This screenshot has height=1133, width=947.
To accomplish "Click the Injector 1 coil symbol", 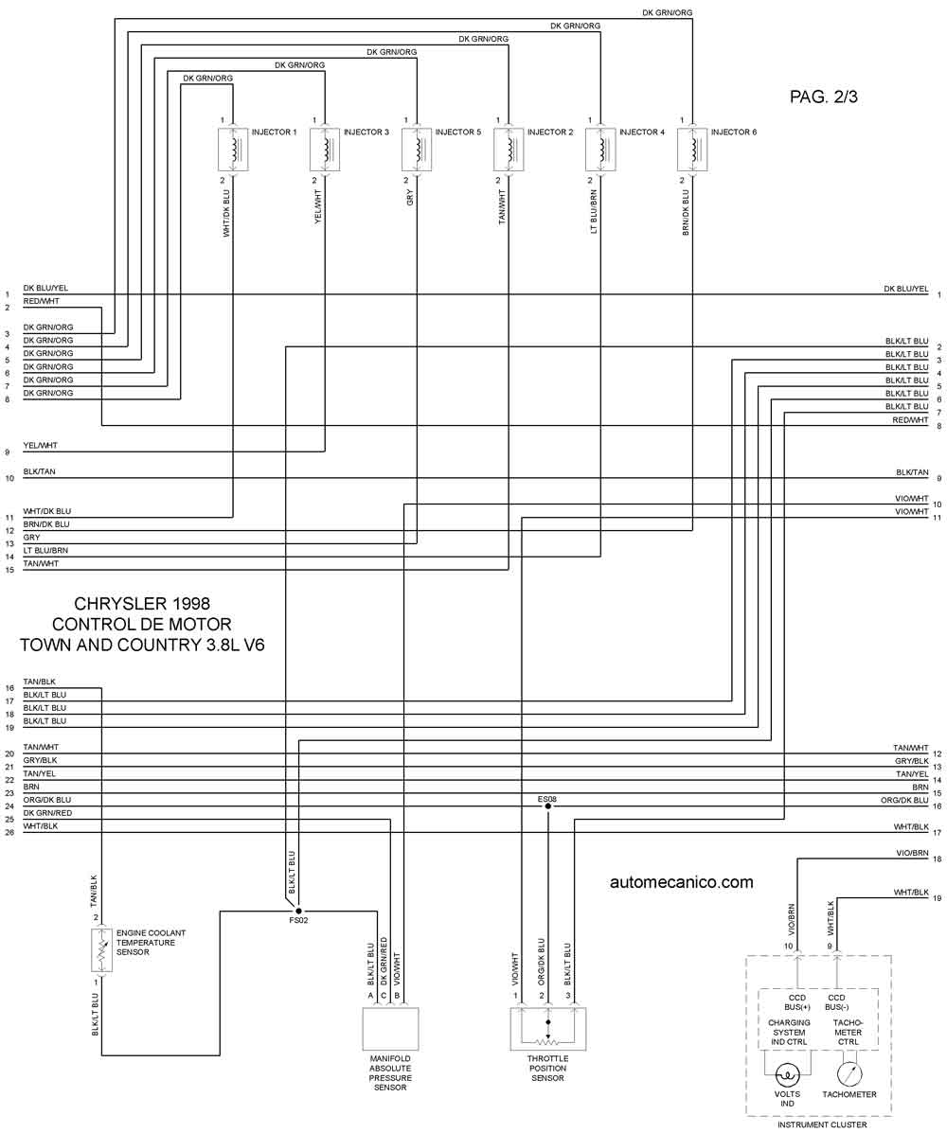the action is point(233,150).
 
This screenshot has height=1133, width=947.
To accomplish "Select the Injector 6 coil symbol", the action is point(692,150).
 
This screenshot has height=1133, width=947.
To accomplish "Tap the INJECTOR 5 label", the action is point(457,133).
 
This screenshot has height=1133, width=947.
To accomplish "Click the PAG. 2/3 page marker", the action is point(823,97).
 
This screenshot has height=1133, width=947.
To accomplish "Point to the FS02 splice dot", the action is point(298,912).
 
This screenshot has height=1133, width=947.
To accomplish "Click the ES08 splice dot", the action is point(547,806).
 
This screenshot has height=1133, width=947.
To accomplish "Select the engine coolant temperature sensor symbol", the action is point(102,950).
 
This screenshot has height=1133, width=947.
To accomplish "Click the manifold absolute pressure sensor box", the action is point(390,1029).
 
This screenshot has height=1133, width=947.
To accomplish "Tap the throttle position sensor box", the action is point(548,1029).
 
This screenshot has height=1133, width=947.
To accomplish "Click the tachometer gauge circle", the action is point(849,1073).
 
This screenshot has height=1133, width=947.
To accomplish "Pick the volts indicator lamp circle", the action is point(787,1074).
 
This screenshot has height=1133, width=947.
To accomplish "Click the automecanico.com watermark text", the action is point(681,881).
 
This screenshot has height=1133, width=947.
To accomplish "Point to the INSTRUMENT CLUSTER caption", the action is point(822,1125).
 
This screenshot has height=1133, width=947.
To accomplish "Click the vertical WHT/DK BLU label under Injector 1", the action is point(226,214).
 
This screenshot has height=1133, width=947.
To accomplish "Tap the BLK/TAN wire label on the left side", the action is point(39,471).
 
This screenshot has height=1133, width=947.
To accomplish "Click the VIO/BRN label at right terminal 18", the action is point(912,854).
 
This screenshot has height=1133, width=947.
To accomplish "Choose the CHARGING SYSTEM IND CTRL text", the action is point(789,1033).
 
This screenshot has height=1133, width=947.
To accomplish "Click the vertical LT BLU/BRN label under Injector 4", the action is point(594,212).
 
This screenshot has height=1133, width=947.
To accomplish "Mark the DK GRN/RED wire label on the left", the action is point(47,813).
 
